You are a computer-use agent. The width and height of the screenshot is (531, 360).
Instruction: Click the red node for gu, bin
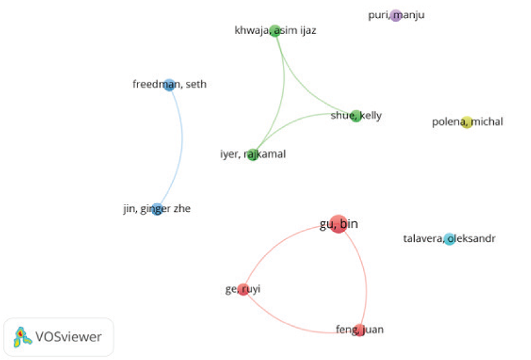[338, 224]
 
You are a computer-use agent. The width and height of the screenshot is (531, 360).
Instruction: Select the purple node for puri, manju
[396, 15]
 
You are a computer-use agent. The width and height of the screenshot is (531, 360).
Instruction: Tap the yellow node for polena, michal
[467, 122]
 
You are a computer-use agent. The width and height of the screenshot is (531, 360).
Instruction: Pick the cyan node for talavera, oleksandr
[449, 239]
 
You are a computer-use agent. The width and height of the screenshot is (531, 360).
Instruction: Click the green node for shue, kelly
[356, 116]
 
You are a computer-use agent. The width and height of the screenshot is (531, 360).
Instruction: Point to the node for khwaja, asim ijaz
[275, 31]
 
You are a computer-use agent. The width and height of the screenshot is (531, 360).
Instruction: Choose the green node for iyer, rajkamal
[252, 155]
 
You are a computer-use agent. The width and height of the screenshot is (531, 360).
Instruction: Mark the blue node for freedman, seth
[169, 84]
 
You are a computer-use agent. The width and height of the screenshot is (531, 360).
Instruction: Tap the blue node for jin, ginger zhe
[157, 209]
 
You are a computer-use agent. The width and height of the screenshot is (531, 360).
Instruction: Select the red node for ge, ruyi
[243, 290]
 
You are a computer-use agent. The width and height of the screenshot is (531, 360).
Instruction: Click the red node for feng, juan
[359, 329]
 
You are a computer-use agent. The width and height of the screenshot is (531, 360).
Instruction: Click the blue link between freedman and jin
[182, 146]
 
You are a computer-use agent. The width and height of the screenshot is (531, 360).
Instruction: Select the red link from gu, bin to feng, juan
[366, 279]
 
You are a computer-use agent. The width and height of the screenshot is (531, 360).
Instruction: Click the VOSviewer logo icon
[22, 337]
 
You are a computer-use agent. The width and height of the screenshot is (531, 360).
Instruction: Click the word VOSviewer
[69, 337]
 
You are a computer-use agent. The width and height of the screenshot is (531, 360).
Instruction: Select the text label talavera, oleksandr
[449, 239]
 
